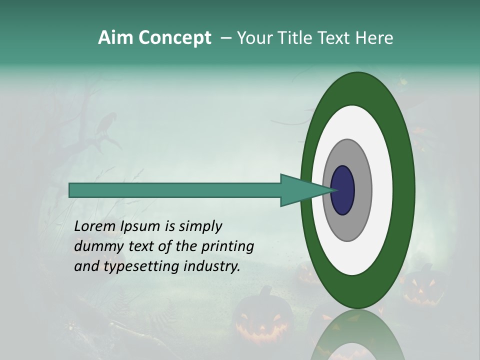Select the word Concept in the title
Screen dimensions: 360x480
174,38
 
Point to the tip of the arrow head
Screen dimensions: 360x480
336,190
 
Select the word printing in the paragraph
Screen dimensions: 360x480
227,246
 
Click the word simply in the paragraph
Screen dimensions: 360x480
200,227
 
